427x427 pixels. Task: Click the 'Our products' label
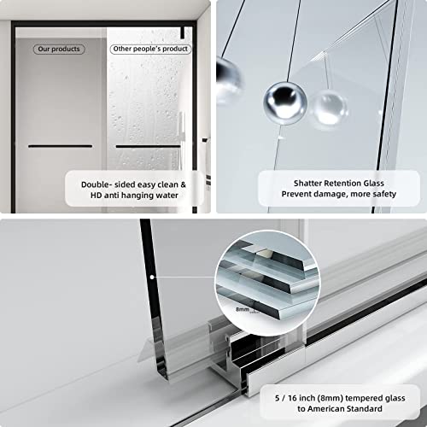click(x=59, y=49)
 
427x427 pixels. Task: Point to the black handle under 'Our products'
click(x=60, y=146)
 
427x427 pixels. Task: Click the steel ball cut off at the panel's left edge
click(x=227, y=79)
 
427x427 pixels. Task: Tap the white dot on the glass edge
click(x=151, y=277)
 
